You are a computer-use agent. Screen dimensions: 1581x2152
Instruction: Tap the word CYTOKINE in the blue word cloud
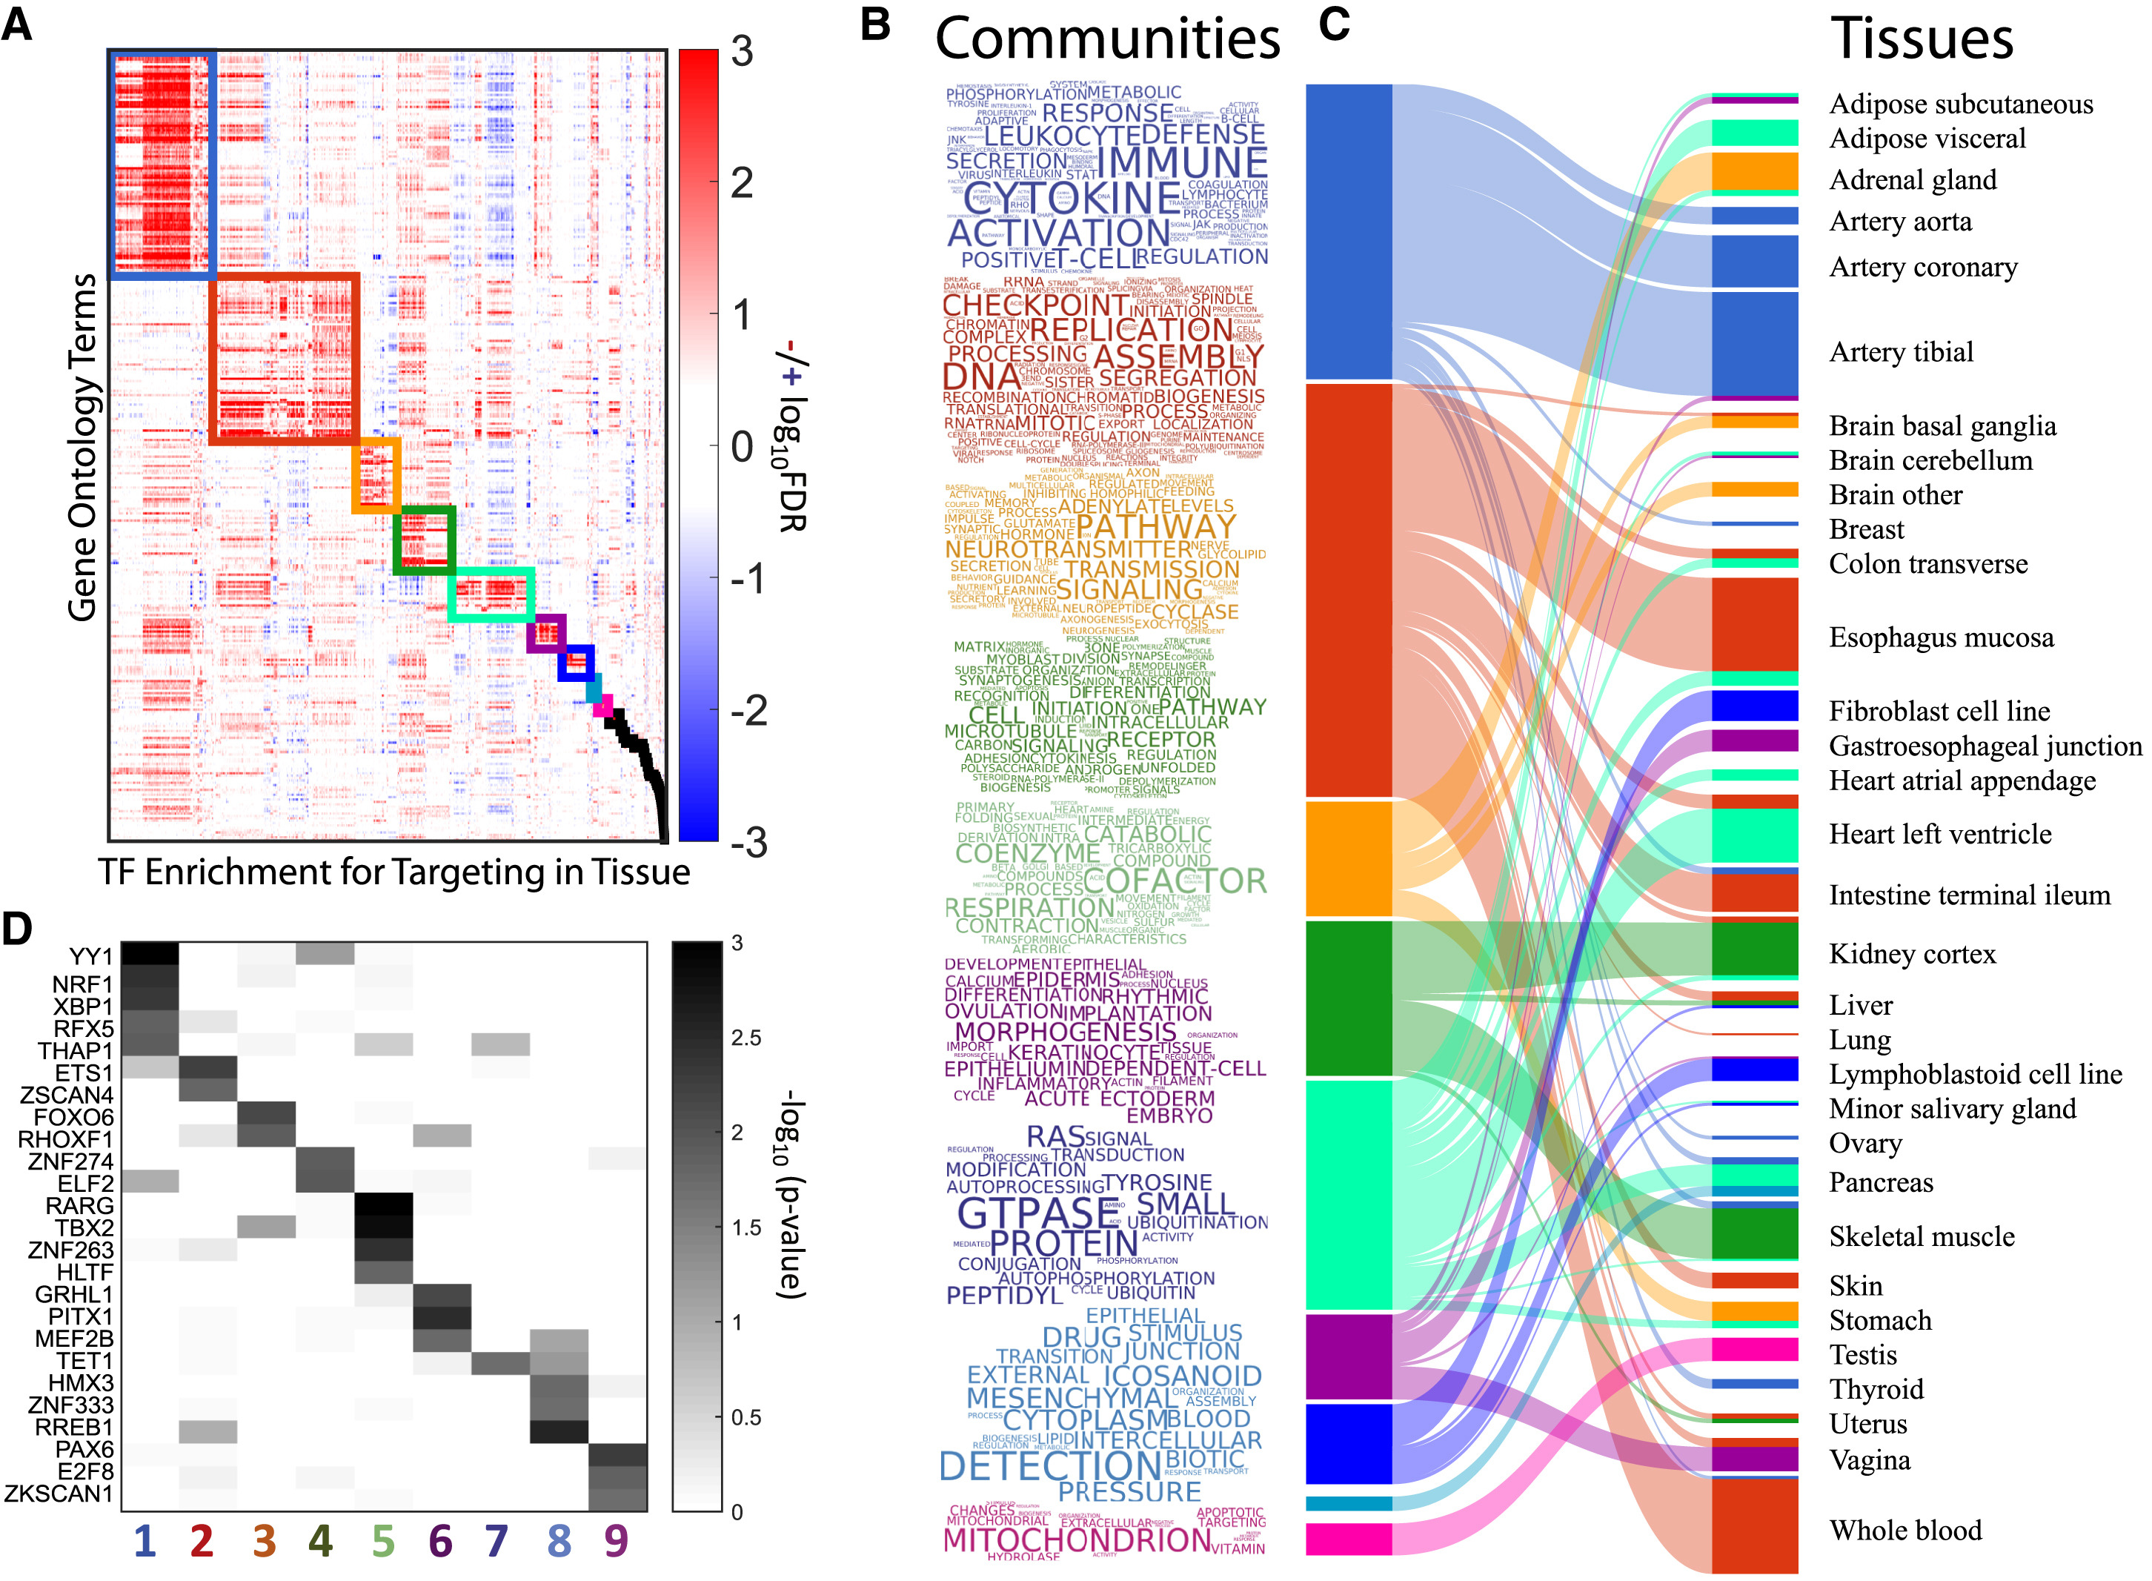coord(1072,198)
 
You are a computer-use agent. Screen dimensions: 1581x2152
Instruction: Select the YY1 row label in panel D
coord(91,956)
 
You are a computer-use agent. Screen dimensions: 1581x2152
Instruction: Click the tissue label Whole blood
coord(1905,1531)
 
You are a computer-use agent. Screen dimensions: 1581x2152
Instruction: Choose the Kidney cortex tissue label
coord(1912,954)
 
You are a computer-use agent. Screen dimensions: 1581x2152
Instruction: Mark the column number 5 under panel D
coord(382,1542)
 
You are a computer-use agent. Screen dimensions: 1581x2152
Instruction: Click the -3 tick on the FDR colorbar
coord(749,842)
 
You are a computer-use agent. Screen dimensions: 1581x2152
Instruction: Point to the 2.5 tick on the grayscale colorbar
coord(745,1038)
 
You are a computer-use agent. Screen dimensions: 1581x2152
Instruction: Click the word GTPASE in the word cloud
coord(1036,1213)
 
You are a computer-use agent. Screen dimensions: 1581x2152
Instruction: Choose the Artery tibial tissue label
coord(1902,352)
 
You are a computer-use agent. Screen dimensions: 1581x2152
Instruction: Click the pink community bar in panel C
coord(1348,1539)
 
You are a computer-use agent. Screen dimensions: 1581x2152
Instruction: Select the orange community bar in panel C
coord(1348,858)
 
